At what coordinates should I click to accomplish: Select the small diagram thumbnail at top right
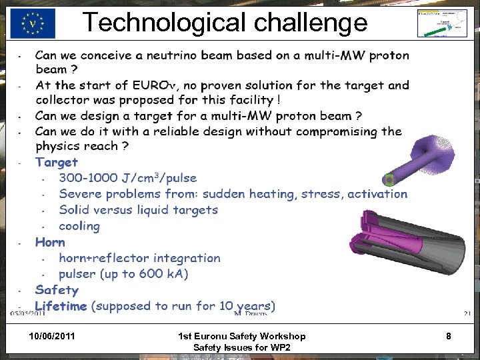[x=441, y=23]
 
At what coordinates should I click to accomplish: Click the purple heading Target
[x=57, y=162]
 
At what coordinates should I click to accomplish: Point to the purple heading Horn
[x=50, y=242]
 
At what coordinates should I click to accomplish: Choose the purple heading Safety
[x=57, y=290]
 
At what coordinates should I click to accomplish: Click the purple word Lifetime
[x=61, y=306]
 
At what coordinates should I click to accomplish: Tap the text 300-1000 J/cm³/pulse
[x=128, y=178]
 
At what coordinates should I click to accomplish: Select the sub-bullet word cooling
[x=79, y=226]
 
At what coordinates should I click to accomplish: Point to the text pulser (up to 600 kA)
[x=123, y=274]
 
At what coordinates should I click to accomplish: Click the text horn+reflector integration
[x=139, y=258]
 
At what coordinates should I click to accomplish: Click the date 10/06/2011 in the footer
[x=53, y=336]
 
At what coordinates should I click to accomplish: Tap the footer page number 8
[x=449, y=337]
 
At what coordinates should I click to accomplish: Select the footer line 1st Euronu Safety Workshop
[x=242, y=336]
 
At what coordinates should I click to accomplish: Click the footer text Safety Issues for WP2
[x=241, y=348]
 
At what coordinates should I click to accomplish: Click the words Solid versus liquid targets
[x=138, y=210]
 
